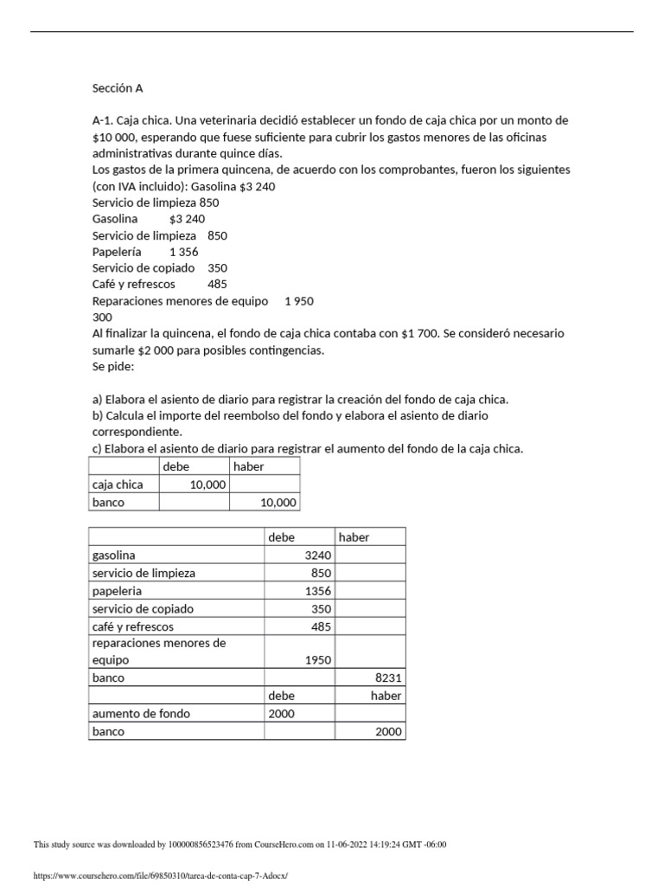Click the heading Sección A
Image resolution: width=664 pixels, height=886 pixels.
(118, 87)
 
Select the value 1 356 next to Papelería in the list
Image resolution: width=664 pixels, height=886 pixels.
(184, 252)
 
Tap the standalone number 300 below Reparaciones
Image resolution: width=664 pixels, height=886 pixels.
(102, 317)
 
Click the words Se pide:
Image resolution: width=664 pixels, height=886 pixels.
(113, 366)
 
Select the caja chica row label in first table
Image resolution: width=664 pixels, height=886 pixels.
(118, 485)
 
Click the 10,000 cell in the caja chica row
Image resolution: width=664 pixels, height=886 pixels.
(207, 485)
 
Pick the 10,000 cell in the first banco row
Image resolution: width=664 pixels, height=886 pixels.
(278, 503)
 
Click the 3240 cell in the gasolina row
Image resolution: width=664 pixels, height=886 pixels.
(317, 555)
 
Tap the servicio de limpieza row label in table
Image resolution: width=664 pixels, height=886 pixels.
(144, 573)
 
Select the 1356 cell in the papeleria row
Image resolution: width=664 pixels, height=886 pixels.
(317, 591)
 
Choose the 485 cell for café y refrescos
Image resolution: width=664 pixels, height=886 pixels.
(320, 626)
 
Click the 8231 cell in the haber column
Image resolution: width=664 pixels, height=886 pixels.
(388, 678)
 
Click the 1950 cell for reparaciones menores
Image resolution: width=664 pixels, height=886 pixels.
(317, 660)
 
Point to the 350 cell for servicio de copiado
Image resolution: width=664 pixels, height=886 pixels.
(320, 609)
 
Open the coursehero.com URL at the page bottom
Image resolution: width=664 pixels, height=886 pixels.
(159, 876)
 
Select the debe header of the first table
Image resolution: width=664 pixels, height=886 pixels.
(176, 466)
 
